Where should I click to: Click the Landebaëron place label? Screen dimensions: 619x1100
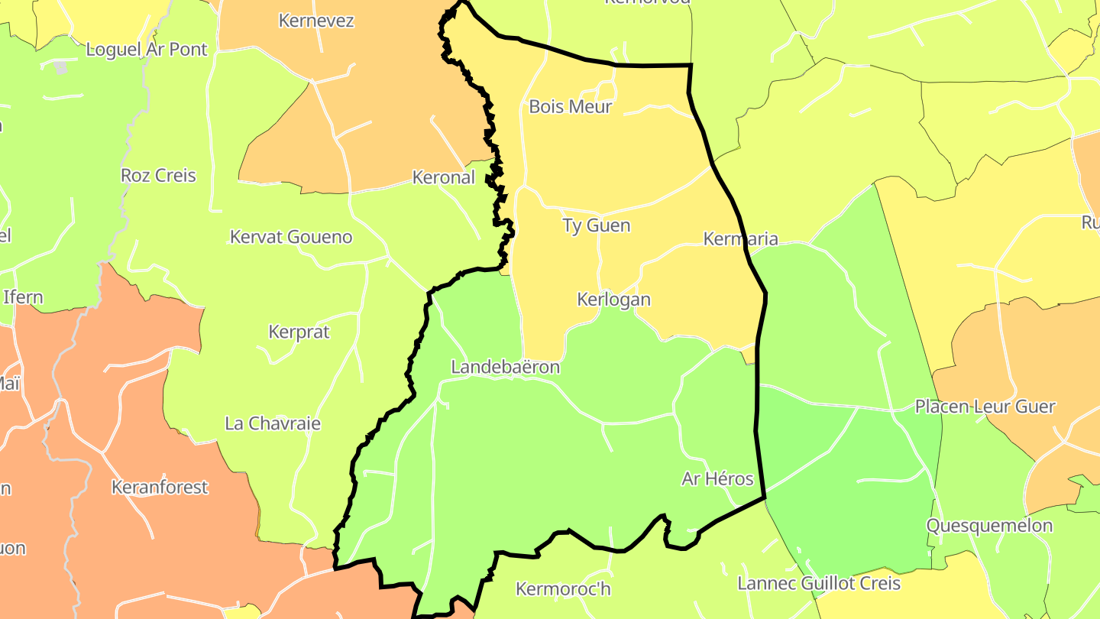click(x=505, y=367)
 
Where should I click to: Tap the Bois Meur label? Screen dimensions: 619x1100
click(x=570, y=106)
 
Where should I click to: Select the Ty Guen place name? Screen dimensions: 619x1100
click(x=596, y=225)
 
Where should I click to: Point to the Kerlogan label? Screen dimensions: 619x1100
click(x=613, y=299)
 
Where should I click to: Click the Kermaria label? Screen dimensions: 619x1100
click(x=740, y=238)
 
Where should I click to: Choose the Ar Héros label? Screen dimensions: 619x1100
click(x=717, y=479)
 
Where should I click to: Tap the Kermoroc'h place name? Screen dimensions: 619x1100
click(x=563, y=589)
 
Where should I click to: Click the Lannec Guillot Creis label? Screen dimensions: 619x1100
click(x=818, y=584)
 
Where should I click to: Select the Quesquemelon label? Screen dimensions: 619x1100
click(x=989, y=526)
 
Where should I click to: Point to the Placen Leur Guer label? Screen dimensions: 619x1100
click(x=985, y=407)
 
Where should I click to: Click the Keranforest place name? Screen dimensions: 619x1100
click(x=159, y=487)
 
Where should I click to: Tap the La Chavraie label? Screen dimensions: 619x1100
click(x=272, y=423)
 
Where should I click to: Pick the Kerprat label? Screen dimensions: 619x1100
click(x=299, y=332)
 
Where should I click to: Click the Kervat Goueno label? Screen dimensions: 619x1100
click(x=291, y=237)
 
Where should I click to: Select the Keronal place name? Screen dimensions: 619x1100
click(x=443, y=177)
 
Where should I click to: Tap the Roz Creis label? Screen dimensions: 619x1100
click(x=158, y=175)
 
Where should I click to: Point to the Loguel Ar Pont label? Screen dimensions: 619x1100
click(x=147, y=50)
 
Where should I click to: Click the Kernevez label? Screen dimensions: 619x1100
click(x=316, y=21)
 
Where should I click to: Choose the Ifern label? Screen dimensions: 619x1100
click(x=23, y=297)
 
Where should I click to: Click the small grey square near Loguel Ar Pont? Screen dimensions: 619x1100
click(x=61, y=67)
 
